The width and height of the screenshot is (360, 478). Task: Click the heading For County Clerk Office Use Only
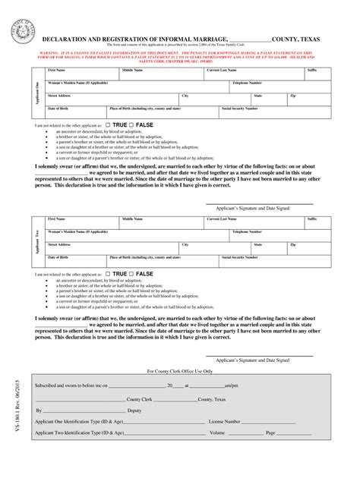[x=179, y=371]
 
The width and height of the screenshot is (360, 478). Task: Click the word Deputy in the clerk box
[x=134, y=410]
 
